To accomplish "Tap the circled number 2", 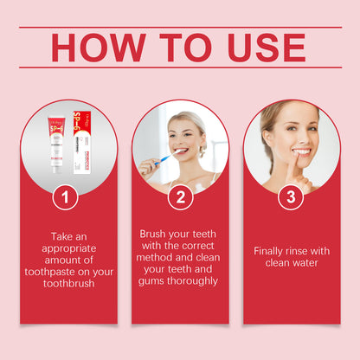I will (180, 197).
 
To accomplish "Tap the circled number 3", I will (291, 197).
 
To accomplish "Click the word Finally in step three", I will (272, 251).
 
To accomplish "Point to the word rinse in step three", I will (302, 251).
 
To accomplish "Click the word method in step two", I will (157, 258).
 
